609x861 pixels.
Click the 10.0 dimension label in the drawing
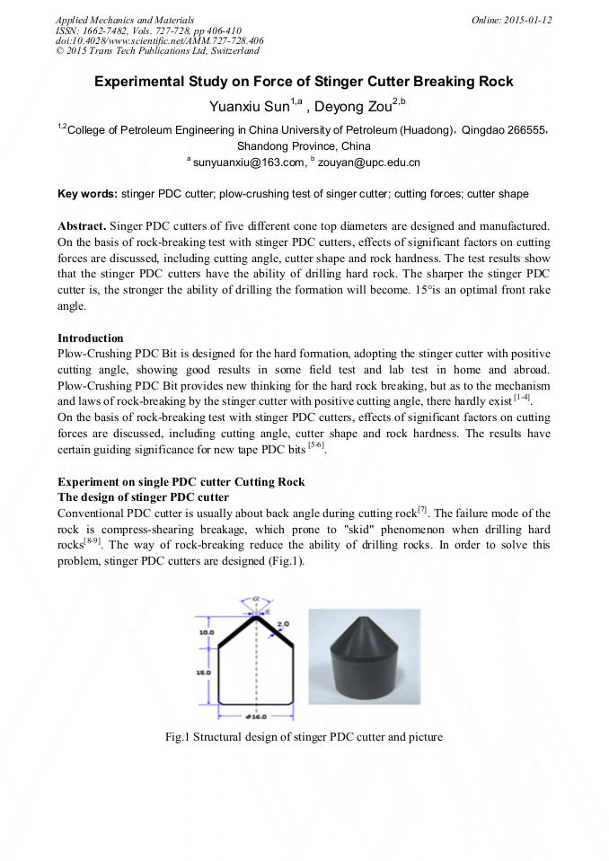[x=205, y=632]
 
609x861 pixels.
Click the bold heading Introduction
[x=90, y=338]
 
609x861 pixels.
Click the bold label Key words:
[x=87, y=194]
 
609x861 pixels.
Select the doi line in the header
[x=159, y=40]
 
